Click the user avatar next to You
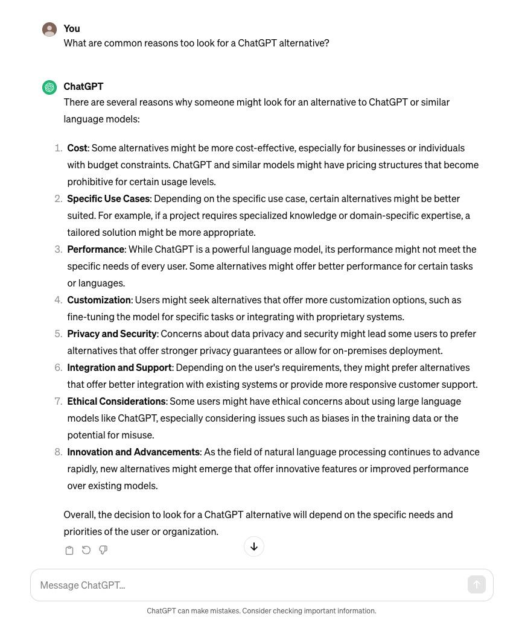[x=49, y=29]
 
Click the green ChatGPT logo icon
[x=49, y=87]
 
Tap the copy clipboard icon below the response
[x=69, y=550]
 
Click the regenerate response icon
[x=86, y=550]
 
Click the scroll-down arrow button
[x=254, y=546]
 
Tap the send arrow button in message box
[x=476, y=584]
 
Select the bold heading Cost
[x=77, y=148]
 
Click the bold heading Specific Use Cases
[x=109, y=198]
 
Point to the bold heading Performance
[x=96, y=249]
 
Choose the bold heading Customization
[x=99, y=300]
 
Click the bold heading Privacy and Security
[x=112, y=334]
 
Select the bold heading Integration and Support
[x=119, y=367]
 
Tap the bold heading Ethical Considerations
[x=116, y=401]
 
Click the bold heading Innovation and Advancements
[x=133, y=452]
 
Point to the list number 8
[x=58, y=452]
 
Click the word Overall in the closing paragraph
[x=79, y=514]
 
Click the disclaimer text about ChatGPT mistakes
[x=261, y=610]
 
